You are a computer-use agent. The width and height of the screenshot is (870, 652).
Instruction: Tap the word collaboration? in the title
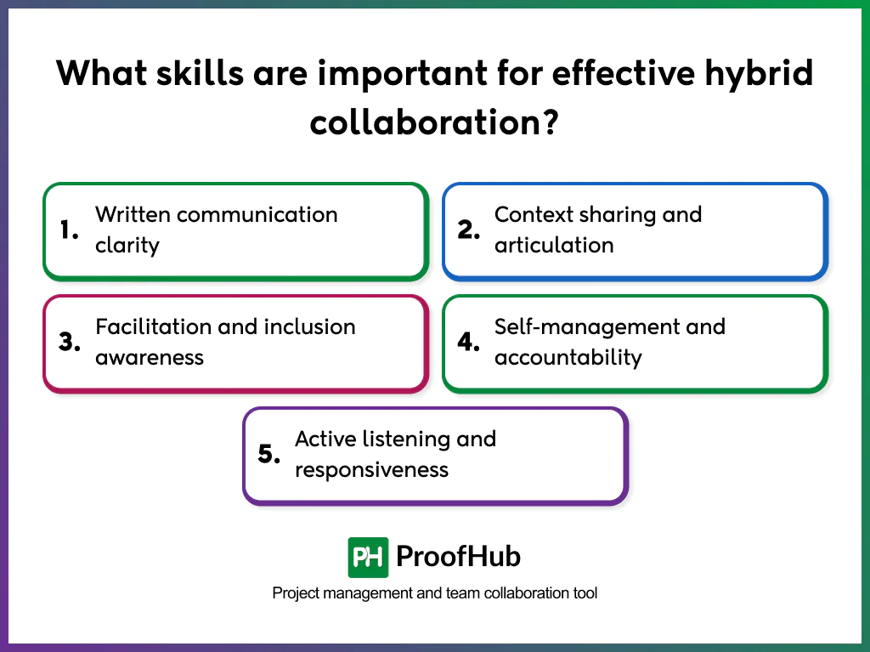(434, 122)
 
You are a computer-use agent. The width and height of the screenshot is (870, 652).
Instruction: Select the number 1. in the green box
(70, 230)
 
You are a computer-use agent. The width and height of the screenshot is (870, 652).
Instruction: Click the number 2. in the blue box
(470, 230)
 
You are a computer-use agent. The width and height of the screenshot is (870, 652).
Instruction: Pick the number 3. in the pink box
(70, 342)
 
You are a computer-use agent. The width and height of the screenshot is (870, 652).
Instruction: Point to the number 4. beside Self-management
(470, 342)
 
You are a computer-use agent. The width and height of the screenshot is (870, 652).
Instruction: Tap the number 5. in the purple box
(269, 454)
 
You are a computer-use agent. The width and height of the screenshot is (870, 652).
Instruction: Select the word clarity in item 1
(127, 245)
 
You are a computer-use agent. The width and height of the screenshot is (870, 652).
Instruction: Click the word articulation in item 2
(554, 245)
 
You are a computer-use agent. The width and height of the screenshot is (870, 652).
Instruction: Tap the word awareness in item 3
(150, 357)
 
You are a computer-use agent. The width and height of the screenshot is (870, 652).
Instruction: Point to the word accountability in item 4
(568, 357)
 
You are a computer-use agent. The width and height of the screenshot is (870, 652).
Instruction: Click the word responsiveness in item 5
(371, 469)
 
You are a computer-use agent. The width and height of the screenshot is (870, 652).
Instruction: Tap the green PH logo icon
(368, 557)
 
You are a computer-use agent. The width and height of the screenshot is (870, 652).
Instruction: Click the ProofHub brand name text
(459, 557)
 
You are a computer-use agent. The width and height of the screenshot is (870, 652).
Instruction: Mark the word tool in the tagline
(584, 592)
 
